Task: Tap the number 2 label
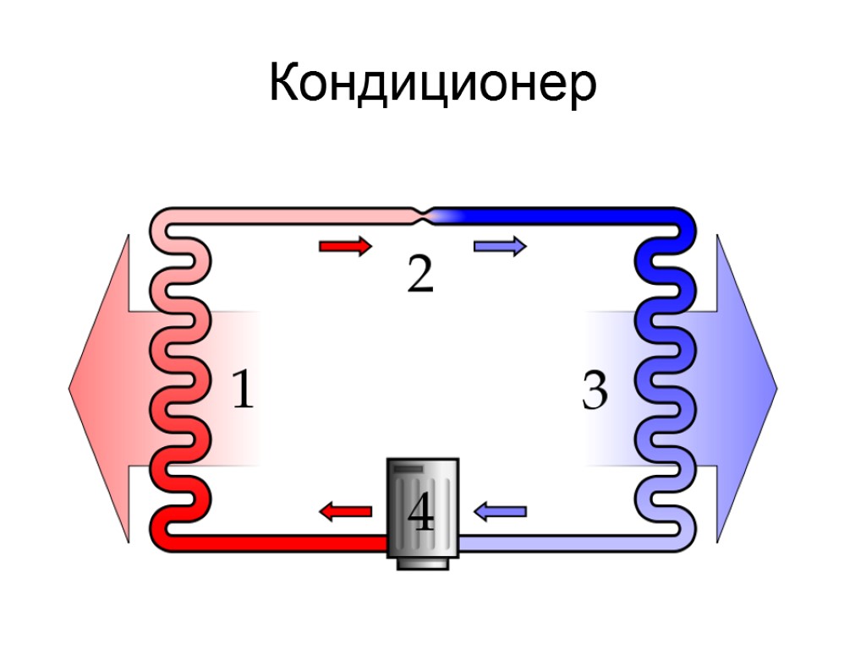tap(420, 274)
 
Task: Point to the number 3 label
tap(595, 391)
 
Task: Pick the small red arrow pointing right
tap(345, 247)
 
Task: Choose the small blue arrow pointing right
tap(501, 247)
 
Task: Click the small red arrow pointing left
tap(345, 510)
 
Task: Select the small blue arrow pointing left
tap(501, 510)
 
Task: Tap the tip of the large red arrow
tap(71, 389)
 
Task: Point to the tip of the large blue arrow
tap(776, 389)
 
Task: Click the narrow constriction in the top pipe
tap(425, 215)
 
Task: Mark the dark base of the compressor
tap(422, 562)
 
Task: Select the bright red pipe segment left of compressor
tap(279, 543)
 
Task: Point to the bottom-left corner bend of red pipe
tap(161, 537)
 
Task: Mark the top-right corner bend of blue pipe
tap(686, 221)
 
